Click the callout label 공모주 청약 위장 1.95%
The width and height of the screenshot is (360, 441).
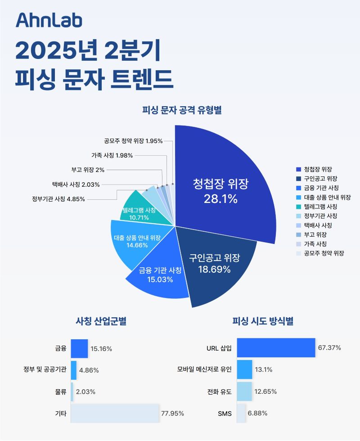coord(133,141)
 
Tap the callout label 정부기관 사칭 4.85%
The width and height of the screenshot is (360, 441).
coord(58,199)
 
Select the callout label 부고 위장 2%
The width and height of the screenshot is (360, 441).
coord(88,170)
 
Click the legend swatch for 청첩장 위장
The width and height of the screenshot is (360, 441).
coord(298,169)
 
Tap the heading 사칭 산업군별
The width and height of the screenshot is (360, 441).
coord(101,321)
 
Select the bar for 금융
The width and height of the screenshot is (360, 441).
coord(79,348)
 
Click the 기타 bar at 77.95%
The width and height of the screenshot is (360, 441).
coord(115,413)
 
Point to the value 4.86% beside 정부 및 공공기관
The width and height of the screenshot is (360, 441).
coord(89,370)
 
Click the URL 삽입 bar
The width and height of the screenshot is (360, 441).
coord(275,348)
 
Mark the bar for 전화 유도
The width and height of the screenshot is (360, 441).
coord(244,391)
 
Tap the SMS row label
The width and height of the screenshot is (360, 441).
coord(224,413)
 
